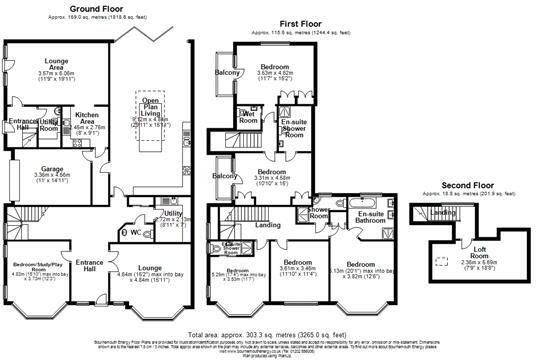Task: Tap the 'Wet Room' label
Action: [250, 116]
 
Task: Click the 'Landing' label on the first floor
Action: [268, 225]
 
